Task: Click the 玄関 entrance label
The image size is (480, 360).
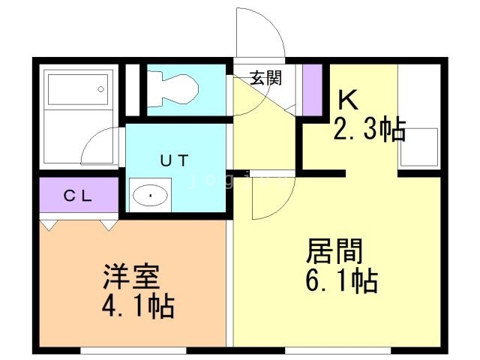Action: pyautogui.click(x=265, y=77)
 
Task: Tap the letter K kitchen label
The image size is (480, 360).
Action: pyautogui.click(x=346, y=99)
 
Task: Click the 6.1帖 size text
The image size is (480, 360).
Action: pyautogui.click(x=340, y=282)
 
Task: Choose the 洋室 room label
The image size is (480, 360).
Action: pyautogui.click(x=130, y=276)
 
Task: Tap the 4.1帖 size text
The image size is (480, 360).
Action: pyautogui.click(x=138, y=306)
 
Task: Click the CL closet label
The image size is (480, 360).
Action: pyautogui.click(x=77, y=196)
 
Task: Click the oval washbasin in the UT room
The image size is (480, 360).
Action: pyautogui.click(x=151, y=196)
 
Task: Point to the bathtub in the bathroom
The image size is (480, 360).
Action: pyautogui.click(x=78, y=89)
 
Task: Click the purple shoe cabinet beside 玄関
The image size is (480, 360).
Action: pyautogui.click(x=312, y=88)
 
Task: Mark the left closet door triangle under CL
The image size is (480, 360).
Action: pyautogui.click(x=49, y=224)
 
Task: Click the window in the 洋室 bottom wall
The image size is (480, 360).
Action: pyautogui.click(x=120, y=350)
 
